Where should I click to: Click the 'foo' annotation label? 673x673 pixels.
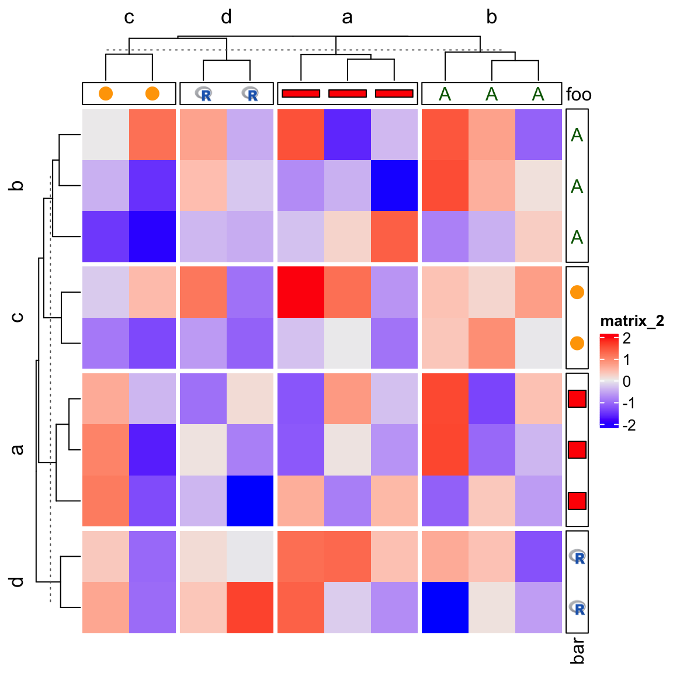[x=578, y=94]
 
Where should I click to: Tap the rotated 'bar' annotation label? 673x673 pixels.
[x=577, y=650]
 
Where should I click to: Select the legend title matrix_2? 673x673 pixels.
[x=632, y=321]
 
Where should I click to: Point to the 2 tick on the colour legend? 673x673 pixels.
[x=627, y=338]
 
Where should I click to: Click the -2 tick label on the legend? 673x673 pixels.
[x=629, y=425]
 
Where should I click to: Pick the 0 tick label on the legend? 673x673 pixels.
[x=627, y=382]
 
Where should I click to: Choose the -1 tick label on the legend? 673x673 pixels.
[x=629, y=404]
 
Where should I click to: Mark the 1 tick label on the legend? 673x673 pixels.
[x=627, y=360]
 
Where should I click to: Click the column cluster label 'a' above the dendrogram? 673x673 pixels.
[x=347, y=18]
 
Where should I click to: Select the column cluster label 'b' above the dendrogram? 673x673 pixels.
[x=491, y=18]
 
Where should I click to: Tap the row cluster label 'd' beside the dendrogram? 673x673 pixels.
[x=18, y=582]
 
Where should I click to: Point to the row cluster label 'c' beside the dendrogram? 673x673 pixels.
[x=18, y=317]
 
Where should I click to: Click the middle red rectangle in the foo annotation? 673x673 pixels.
[x=348, y=93]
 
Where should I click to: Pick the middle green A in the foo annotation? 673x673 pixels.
[x=492, y=94]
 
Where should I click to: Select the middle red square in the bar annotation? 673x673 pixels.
[x=577, y=450]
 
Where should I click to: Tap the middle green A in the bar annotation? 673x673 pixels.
[x=577, y=186]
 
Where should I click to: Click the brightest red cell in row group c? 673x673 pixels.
[x=301, y=292]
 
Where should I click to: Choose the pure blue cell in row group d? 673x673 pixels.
[x=445, y=608]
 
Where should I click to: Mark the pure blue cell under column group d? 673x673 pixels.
[x=250, y=501]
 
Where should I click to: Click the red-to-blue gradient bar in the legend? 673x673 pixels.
[x=609, y=381]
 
